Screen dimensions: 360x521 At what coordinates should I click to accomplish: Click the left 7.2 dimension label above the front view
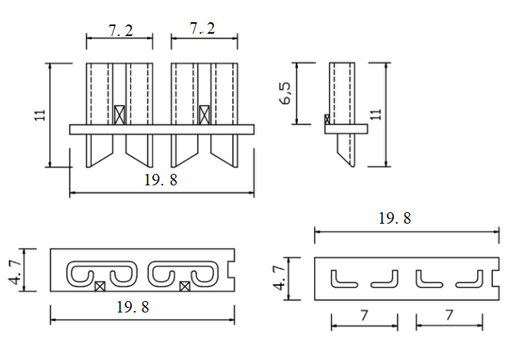[120, 30]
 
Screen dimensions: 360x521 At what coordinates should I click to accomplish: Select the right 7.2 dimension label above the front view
[202, 29]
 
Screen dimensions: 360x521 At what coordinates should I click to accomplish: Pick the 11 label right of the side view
[375, 114]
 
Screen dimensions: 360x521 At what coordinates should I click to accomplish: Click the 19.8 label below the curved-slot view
[132, 307]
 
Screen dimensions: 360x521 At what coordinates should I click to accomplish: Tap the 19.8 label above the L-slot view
[395, 218]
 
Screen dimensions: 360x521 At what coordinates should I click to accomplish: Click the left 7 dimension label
[364, 314]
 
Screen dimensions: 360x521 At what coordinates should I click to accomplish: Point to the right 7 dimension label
[449, 314]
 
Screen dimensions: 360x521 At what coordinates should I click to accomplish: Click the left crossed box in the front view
[120, 115]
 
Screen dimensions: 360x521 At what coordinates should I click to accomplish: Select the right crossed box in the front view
[204, 115]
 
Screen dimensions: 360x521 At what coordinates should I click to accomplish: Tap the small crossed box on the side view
[327, 119]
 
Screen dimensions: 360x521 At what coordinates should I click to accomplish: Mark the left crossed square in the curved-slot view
[100, 286]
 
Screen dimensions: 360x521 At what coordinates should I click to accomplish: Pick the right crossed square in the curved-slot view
[184, 286]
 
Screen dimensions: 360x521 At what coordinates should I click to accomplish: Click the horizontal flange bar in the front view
[161, 129]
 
